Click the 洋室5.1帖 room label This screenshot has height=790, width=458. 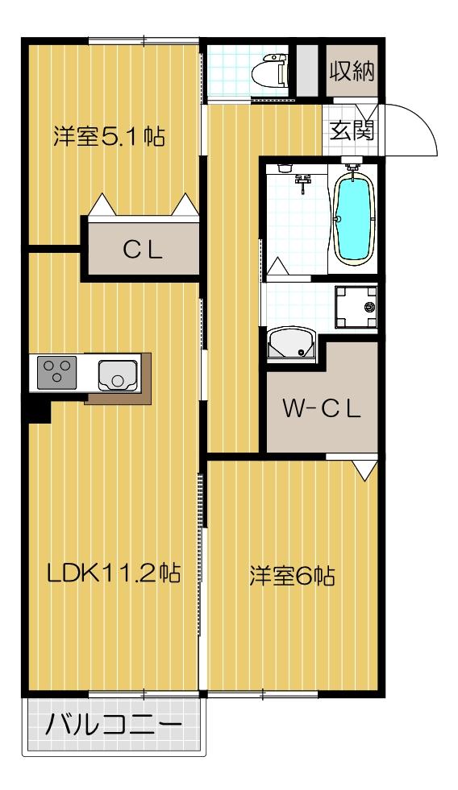pyautogui.click(x=109, y=136)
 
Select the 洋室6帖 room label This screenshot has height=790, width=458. pyautogui.click(x=293, y=576)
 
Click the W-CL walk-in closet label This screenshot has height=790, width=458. pyautogui.click(x=322, y=409)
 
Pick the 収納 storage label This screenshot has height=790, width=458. pyautogui.click(x=352, y=71)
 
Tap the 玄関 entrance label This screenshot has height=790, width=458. pyautogui.click(x=352, y=131)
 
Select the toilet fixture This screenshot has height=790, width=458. pyautogui.click(x=270, y=70)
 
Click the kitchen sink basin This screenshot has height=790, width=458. pyautogui.click(x=118, y=375)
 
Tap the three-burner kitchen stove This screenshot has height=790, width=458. pyautogui.click(x=56, y=372)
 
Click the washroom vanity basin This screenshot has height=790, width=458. pyautogui.click(x=291, y=345)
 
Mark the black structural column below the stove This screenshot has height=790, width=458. pyautogui.click(x=39, y=408)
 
